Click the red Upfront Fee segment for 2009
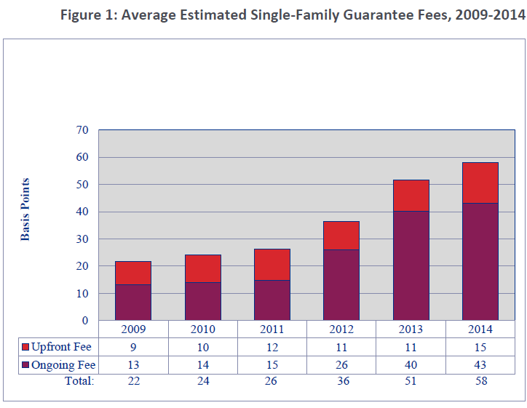(x=133, y=273)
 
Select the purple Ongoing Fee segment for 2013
(x=411, y=265)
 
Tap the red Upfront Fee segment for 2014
(x=480, y=183)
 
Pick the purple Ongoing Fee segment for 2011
(x=272, y=300)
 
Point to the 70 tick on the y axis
(x=82, y=130)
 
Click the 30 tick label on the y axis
(x=82, y=239)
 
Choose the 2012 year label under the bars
(x=341, y=329)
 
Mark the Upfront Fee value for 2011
(x=272, y=346)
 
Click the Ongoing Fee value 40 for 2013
(x=411, y=365)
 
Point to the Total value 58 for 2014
(x=480, y=380)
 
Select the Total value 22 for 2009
(x=133, y=380)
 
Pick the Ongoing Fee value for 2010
(x=202, y=365)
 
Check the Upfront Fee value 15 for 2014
(x=480, y=346)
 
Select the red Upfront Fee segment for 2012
(x=341, y=236)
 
